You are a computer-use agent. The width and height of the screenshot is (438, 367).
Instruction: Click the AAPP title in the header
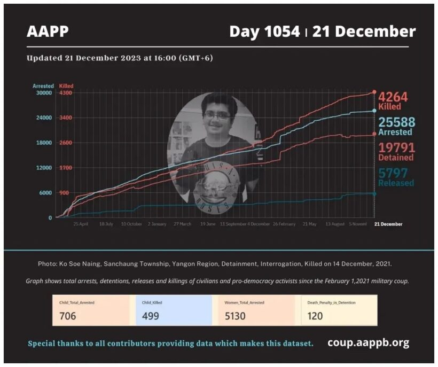click(48, 32)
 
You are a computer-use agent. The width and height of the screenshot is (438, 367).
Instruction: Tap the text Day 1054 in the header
click(264, 32)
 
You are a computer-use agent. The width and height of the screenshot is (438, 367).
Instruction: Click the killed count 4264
click(393, 97)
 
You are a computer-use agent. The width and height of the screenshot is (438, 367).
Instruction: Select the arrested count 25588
click(396, 122)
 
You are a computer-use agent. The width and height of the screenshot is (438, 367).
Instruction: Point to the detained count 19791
click(396, 147)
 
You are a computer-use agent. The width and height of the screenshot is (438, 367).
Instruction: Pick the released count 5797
click(393, 173)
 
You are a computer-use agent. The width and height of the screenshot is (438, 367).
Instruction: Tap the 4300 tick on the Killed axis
click(66, 93)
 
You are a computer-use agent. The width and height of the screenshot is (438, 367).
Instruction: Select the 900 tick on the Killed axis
click(64, 193)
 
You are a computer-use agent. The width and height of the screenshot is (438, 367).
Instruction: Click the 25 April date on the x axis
click(81, 224)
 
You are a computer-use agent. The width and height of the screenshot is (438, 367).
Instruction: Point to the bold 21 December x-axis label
click(388, 224)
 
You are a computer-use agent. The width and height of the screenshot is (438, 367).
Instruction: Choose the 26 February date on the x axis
click(284, 224)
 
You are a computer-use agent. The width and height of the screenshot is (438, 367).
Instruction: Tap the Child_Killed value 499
click(151, 316)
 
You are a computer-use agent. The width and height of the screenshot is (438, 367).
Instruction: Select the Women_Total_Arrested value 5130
click(235, 316)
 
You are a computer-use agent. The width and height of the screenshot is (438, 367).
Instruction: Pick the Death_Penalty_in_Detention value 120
click(315, 316)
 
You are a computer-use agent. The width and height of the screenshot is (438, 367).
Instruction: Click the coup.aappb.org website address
click(368, 342)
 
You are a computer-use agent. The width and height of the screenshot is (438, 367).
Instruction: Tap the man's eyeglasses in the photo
click(217, 115)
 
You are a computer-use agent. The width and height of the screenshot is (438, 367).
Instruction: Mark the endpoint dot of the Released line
click(374, 194)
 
